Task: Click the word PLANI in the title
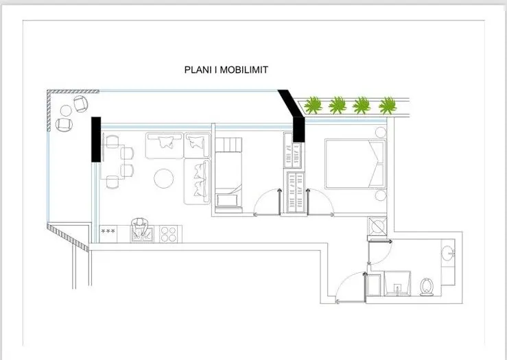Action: [198, 70]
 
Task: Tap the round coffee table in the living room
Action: [163, 178]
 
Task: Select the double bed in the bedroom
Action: [355, 163]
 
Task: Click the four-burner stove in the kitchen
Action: [169, 234]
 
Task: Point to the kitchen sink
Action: [142, 234]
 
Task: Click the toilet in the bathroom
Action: [427, 287]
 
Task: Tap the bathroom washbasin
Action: [448, 253]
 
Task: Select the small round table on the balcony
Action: [66, 111]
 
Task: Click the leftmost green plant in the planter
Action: [313, 105]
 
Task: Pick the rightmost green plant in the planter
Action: [388, 106]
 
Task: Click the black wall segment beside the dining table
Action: [96, 139]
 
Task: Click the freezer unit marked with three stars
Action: [108, 234]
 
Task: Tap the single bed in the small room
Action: [228, 175]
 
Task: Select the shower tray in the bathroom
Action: [397, 283]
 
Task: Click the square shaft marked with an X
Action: [377, 226]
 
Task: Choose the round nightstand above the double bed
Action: [381, 132]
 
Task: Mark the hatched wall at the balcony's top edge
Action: [73, 91]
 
